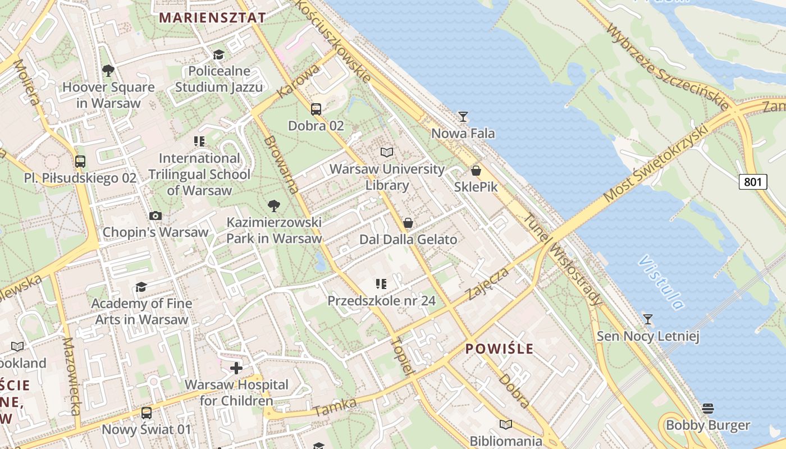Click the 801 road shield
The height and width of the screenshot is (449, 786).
(753, 182)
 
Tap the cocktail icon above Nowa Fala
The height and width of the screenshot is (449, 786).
(463, 117)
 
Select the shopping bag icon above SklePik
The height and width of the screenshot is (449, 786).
(476, 171)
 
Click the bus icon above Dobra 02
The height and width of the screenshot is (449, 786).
(316, 109)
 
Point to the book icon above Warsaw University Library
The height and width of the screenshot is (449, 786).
(386, 152)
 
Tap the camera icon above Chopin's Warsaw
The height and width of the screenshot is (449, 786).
(156, 216)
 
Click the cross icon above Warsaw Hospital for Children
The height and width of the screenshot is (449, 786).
(236, 368)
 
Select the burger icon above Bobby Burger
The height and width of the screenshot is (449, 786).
(707, 408)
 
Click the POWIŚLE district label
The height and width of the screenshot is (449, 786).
(500, 349)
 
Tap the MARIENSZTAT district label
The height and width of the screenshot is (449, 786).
(212, 17)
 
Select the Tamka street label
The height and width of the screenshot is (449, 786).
(335, 407)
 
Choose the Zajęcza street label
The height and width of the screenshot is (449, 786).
(488, 283)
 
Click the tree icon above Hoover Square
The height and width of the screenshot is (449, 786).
(108, 71)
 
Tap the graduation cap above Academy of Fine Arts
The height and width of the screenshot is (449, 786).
(141, 287)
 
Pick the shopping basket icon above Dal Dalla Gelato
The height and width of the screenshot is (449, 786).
(408, 223)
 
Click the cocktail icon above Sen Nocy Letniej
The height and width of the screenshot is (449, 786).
(648, 319)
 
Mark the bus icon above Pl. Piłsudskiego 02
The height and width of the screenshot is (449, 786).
(80, 162)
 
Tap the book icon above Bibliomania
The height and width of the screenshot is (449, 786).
(506, 424)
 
